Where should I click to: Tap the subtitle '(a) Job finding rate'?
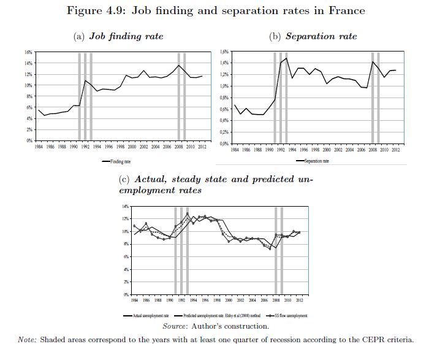pos(118,36)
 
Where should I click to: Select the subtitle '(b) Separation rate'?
pos(313,36)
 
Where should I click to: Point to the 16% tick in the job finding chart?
pos(28,53)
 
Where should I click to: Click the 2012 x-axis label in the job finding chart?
pos(202,147)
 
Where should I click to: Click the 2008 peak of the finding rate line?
pos(178,65)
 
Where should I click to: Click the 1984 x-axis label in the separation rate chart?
pos(236,150)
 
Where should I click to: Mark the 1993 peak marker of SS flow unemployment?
pos(188,213)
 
